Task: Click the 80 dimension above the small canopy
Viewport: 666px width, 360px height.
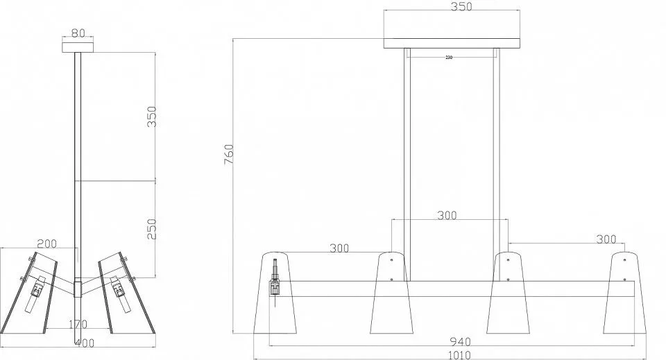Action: coord(78,33)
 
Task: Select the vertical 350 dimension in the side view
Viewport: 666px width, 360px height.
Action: coord(152,117)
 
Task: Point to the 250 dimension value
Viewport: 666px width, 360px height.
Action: coord(152,229)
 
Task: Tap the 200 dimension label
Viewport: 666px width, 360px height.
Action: coord(46,243)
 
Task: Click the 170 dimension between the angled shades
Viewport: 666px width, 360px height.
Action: coord(78,325)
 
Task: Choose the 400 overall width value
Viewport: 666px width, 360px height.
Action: coord(85,343)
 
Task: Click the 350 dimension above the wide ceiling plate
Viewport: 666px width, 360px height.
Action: coord(461,7)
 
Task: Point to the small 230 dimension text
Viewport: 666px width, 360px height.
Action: coord(449,58)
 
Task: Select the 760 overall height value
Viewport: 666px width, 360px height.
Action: coord(228,155)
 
